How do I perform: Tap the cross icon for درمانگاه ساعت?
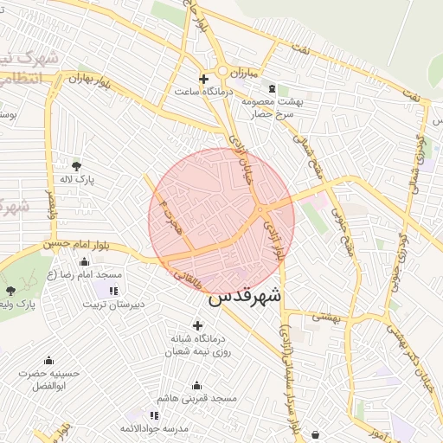click(x=203, y=79)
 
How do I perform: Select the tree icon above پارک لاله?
click(x=77, y=165)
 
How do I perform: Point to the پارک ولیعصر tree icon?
click(x=10, y=291)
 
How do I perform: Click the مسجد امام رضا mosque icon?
click(x=84, y=261)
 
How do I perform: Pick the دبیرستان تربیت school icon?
click(x=115, y=291)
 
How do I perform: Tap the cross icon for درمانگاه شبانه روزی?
click(x=197, y=326)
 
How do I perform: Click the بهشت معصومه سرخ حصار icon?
click(x=273, y=88)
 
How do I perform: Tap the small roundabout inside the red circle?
click(x=260, y=209)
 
